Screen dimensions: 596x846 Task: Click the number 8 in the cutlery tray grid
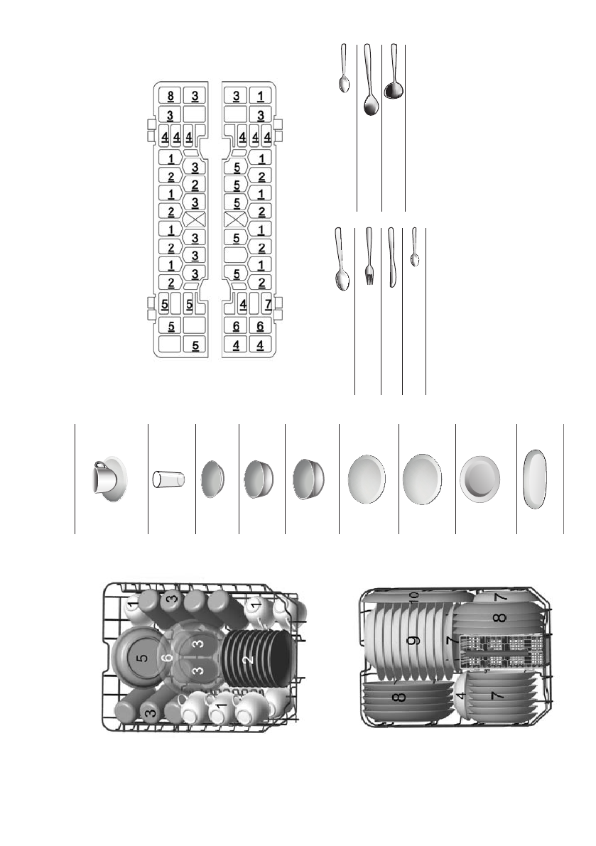(x=170, y=97)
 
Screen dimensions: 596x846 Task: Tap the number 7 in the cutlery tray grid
(x=268, y=304)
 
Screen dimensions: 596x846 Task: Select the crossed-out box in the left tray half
(x=195, y=219)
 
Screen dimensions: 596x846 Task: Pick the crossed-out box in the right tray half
(x=235, y=219)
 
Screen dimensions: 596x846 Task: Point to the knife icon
(x=391, y=257)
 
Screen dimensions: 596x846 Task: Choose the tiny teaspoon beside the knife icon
(x=414, y=246)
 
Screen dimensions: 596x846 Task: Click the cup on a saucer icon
(x=109, y=479)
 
